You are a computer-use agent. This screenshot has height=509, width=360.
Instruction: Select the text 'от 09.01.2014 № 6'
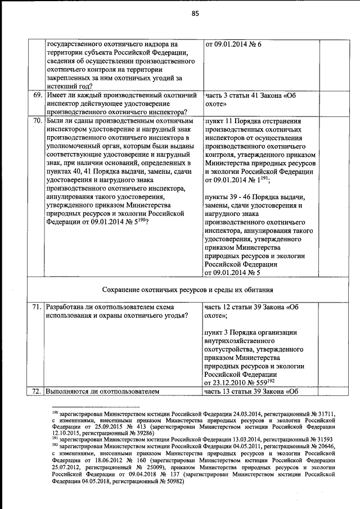[x=233, y=44]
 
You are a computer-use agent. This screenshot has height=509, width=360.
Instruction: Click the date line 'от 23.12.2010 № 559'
[x=239, y=382]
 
